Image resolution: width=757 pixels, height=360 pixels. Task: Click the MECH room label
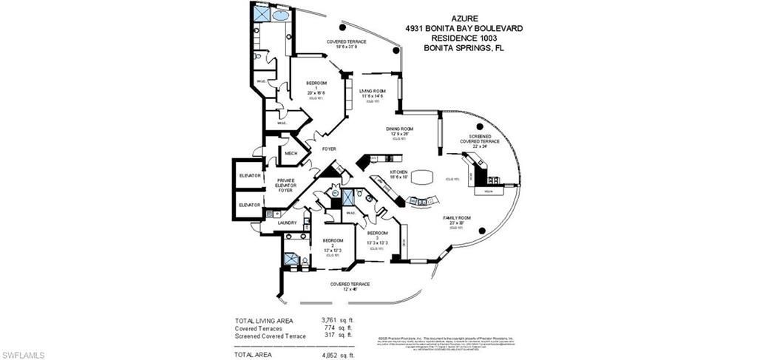(x=291, y=154)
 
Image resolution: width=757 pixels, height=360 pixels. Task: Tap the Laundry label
(x=287, y=223)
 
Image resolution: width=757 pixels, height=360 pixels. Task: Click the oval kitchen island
(x=423, y=178)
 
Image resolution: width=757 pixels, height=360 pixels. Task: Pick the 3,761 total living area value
(x=331, y=320)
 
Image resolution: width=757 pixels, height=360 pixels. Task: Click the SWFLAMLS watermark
(x=23, y=355)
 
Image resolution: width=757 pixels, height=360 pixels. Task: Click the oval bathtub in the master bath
(x=281, y=14)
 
